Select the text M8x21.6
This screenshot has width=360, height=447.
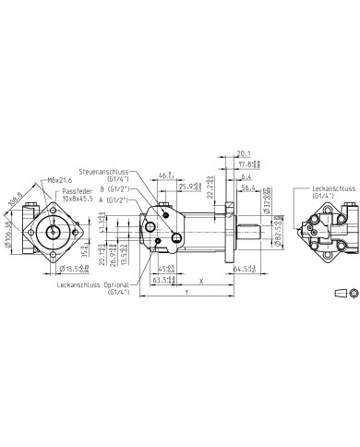point(59,179)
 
